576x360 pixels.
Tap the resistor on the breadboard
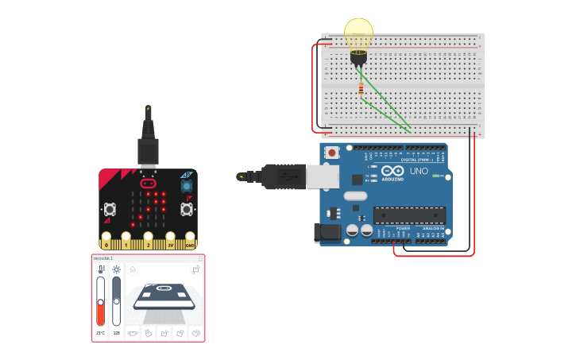tap(361, 89)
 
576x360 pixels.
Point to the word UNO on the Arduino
tap(418, 171)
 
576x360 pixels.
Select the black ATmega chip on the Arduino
tap(409, 215)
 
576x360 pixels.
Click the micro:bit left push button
tap(110, 209)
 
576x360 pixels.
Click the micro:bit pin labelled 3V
tap(170, 239)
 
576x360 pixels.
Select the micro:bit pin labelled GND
tap(190, 239)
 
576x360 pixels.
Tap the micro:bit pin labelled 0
tap(106, 239)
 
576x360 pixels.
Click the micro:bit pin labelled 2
tap(148, 239)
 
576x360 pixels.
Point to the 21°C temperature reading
tap(101, 333)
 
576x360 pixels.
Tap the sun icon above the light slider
tap(117, 269)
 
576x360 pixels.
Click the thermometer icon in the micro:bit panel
tap(101, 269)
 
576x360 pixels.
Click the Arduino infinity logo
tap(392, 171)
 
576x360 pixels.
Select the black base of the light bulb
tap(358, 56)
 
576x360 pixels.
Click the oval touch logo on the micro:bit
tap(148, 182)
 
